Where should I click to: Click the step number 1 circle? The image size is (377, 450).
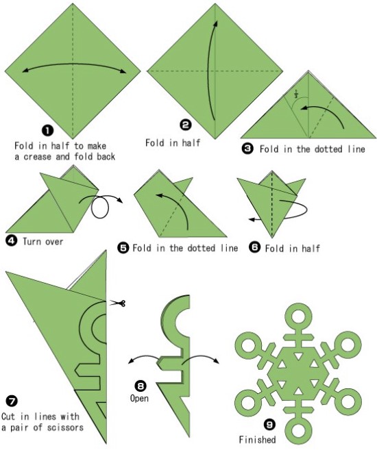[x=48, y=131]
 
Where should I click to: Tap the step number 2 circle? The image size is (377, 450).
[x=186, y=125]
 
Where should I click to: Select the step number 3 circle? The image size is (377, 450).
[x=247, y=149]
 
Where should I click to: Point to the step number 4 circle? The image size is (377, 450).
[x=11, y=240]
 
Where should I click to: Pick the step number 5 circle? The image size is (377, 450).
[x=123, y=247]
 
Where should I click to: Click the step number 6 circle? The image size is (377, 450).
[x=255, y=247]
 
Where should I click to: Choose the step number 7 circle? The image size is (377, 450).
[x=11, y=401]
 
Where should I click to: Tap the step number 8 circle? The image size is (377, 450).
[x=141, y=386]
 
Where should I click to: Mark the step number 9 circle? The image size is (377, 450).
[x=269, y=425]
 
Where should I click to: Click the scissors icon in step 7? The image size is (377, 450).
[x=117, y=303]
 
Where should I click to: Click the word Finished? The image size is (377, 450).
[x=257, y=439]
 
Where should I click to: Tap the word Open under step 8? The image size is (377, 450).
[x=139, y=399]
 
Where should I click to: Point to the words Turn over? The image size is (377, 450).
[x=42, y=241]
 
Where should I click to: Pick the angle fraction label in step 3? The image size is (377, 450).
[x=296, y=94]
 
